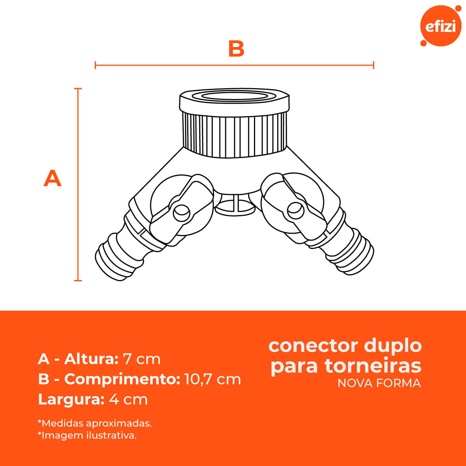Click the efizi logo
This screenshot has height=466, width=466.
pyautogui.click(x=441, y=26)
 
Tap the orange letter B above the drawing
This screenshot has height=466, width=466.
pyautogui.click(x=236, y=49)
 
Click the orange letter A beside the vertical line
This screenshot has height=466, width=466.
pyautogui.click(x=52, y=178)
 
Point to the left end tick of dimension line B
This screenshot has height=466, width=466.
pyautogui.click(x=96, y=65)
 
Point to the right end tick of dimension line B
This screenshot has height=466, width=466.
pyautogui.click(x=373, y=65)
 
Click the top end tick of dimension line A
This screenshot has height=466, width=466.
pyautogui.click(x=78, y=89)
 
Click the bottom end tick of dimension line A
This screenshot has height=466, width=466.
pyautogui.click(x=78, y=280)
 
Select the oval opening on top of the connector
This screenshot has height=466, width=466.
pyautogui.click(x=234, y=96)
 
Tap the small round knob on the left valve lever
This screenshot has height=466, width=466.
pyautogui.click(x=182, y=213)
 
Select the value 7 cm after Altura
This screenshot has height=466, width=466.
pyautogui.click(x=142, y=359)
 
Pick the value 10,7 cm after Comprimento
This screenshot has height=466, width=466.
pyautogui.click(x=213, y=379)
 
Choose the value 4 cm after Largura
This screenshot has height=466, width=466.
pyautogui.click(x=128, y=399)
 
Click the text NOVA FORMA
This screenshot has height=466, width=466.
pyautogui.click(x=379, y=383)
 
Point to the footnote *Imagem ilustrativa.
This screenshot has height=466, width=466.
pyautogui.click(x=87, y=435)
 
